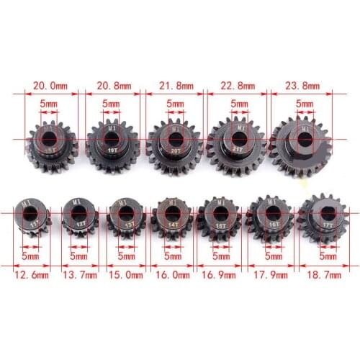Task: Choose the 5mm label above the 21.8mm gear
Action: click(174, 104)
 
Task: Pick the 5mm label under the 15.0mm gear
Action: click(125, 254)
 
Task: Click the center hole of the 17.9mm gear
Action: click(268, 213)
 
